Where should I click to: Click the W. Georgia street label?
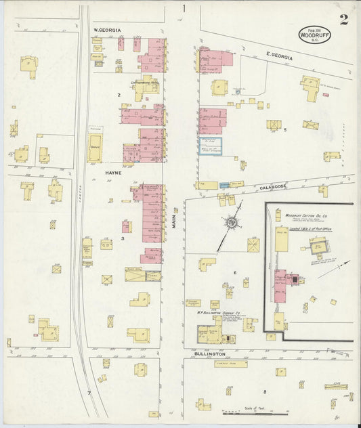(107, 30)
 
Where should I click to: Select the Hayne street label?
(112, 173)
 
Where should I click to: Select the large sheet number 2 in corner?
(344, 19)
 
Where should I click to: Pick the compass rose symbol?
(232, 221)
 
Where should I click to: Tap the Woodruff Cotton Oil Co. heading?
(306, 214)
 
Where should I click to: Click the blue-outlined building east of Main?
(212, 145)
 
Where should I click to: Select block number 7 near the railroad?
(88, 393)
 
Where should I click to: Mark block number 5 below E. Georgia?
(285, 129)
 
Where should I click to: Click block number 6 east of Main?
(234, 272)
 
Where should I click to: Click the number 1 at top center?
(182, 9)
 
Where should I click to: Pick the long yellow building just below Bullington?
(230, 364)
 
